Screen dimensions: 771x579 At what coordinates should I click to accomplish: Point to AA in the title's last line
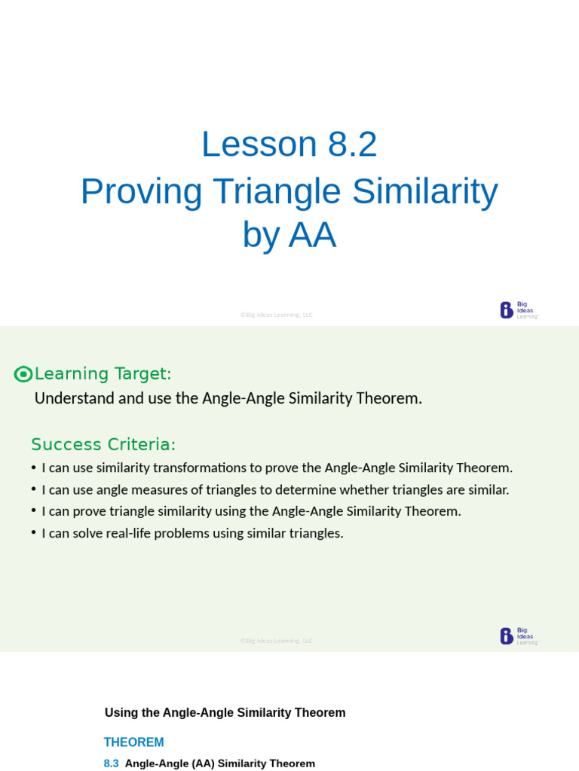pos(311,236)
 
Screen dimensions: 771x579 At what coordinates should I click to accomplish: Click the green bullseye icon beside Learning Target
pos(23,374)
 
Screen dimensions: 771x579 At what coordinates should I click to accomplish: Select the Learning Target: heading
pos(103,373)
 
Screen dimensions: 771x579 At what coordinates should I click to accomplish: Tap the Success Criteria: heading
pos(103,444)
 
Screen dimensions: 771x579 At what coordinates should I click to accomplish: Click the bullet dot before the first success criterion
pos(34,468)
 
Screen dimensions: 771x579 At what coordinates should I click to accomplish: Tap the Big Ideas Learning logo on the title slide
pos(519,310)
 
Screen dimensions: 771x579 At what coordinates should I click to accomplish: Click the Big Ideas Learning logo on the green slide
pos(519,636)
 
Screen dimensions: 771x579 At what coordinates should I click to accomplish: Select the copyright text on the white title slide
pos(277,315)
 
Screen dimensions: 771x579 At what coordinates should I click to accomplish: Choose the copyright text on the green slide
pos(277,641)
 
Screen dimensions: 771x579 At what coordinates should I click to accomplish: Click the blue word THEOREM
pos(133,742)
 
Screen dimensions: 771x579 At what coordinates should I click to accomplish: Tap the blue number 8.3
pos(111,763)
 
